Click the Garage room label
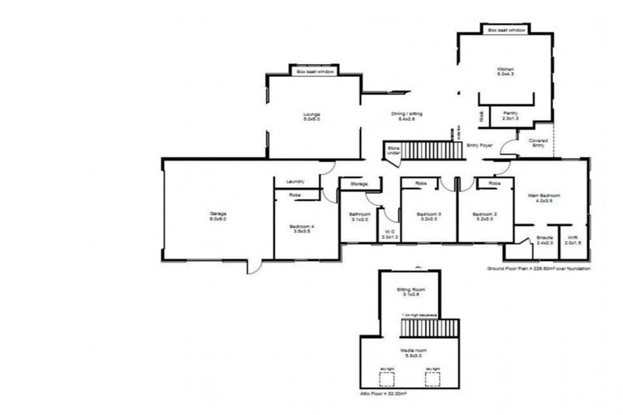click(218, 216)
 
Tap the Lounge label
click(311, 116)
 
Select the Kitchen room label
click(506, 71)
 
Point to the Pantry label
click(510, 115)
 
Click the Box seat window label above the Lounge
click(315, 72)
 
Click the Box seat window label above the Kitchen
click(506, 30)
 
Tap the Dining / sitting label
click(406, 115)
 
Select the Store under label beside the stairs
click(393, 150)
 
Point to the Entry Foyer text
click(480, 145)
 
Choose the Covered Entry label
click(538, 143)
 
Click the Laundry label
click(295, 182)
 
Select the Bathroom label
click(359, 216)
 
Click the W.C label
click(389, 235)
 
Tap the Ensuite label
click(544, 240)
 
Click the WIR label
click(573, 240)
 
